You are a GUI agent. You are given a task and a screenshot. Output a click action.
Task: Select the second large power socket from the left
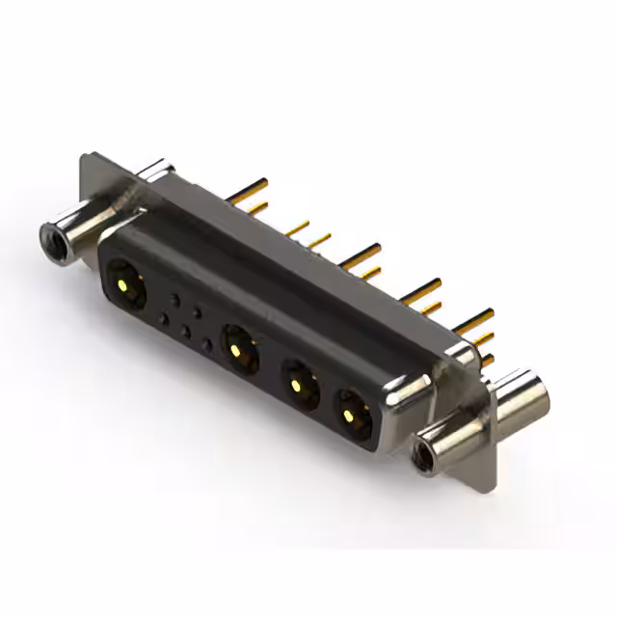[x=239, y=346]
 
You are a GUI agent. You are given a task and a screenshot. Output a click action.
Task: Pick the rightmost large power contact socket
[x=349, y=412]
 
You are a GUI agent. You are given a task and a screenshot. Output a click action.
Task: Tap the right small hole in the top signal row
[x=199, y=311]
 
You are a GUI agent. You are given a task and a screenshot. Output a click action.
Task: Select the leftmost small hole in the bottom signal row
[x=164, y=318]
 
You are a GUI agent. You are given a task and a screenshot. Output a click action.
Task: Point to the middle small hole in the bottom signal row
[x=187, y=332]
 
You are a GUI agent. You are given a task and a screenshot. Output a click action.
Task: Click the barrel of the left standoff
[x=77, y=227]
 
